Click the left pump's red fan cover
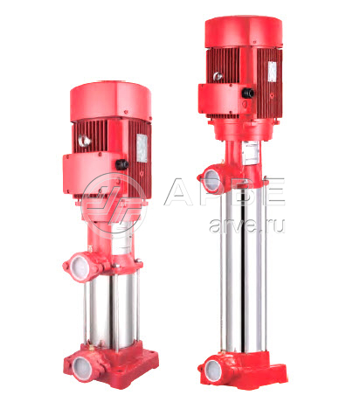[x=110, y=101]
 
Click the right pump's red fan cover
[x=244, y=31]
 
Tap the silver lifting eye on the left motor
[x=85, y=141]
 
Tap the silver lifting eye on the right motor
[x=218, y=76]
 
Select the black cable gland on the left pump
[x=121, y=165]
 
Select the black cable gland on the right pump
[x=248, y=93]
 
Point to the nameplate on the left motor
[x=142, y=148]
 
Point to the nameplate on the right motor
[x=273, y=72]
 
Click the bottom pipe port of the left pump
[x=82, y=369]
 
